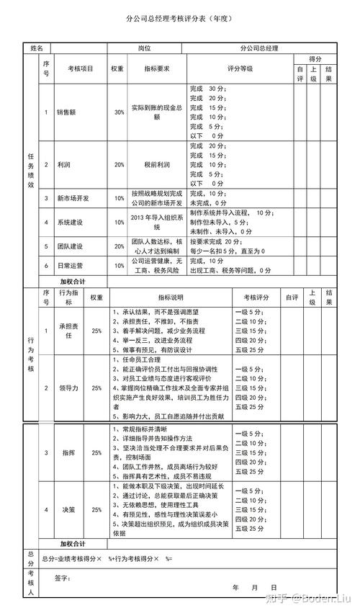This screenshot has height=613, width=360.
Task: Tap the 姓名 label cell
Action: [x=37, y=48]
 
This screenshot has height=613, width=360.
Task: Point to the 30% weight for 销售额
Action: [x=119, y=112]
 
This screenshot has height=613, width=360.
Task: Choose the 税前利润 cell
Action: [x=156, y=164]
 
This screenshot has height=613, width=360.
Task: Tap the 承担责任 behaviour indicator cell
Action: [x=69, y=331]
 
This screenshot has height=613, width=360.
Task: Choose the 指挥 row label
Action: [x=69, y=453]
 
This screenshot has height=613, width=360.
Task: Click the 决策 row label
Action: [x=69, y=509]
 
